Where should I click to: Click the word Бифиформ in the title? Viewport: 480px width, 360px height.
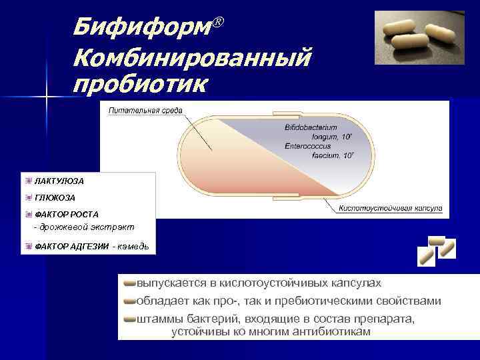click(141, 27)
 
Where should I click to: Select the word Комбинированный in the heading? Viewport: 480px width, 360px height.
click(192, 58)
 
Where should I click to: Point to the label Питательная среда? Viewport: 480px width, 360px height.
click(145, 110)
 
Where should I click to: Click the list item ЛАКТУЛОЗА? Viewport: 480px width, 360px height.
click(59, 181)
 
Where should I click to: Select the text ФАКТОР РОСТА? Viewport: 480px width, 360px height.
click(66, 215)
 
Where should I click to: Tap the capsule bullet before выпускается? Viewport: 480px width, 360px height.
click(129, 283)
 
